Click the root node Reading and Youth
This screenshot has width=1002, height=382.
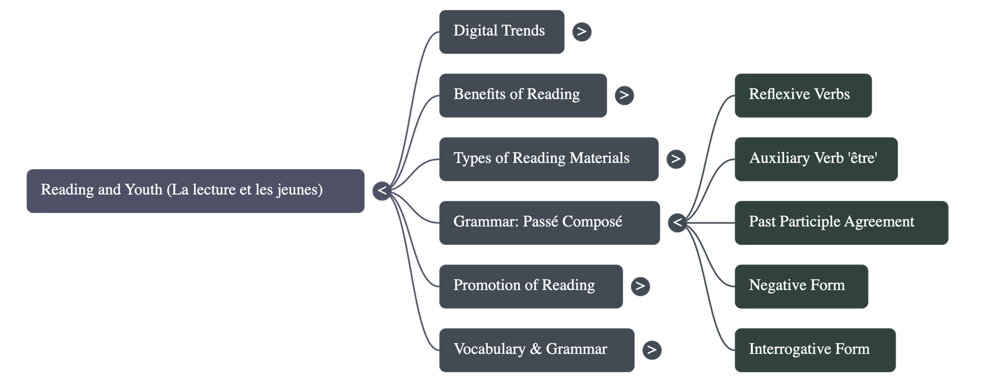click(x=195, y=190)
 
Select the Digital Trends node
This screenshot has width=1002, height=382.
click(x=501, y=31)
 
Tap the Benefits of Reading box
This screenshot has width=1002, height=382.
click(x=522, y=95)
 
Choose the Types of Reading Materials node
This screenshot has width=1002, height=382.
click(x=548, y=159)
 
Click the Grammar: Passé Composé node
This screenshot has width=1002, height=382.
click(x=549, y=222)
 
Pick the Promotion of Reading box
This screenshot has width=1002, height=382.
click(x=530, y=286)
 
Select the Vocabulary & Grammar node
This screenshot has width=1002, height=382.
click(x=536, y=349)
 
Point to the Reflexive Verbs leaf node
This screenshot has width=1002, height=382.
click(x=802, y=95)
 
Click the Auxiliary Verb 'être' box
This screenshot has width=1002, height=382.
click(x=815, y=159)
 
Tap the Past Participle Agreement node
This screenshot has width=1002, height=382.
click(x=840, y=222)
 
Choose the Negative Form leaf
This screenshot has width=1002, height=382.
click(x=800, y=286)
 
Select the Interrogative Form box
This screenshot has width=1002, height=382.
click(x=814, y=349)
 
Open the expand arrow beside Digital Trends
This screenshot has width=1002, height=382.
click(x=582, y=31)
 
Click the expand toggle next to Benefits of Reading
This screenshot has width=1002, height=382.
click(x=624, y=95)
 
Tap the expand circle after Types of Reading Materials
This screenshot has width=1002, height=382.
click(x=676, y=159)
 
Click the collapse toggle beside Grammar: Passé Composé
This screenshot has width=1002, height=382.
click(x=677, y=222)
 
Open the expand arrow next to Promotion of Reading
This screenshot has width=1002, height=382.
click(x=639, y=286)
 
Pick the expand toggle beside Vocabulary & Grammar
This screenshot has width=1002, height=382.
click(x=651, y=349)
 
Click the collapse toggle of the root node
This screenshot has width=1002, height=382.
click(x=382, y=190)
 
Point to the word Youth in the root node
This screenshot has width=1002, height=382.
click(x=143, y=190)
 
